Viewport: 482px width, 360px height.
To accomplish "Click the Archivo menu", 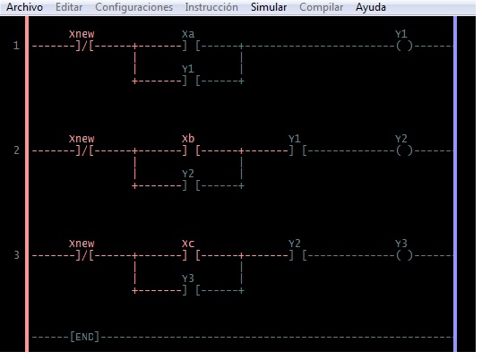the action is point(24,7).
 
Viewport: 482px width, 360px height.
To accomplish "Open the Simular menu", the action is point(269,7).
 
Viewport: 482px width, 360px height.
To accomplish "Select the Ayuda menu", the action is point(371,7).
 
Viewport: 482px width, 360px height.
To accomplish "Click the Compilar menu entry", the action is point(322,7).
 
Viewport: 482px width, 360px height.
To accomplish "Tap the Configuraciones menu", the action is point(134,7).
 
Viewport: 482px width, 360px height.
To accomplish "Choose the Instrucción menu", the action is point(211,7).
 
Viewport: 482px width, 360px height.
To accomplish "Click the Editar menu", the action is point(69,7).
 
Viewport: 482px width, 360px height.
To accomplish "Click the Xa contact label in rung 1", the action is point(188,34).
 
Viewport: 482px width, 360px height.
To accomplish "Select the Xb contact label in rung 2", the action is point(188,139).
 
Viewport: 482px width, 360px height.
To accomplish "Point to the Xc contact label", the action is point(188,244).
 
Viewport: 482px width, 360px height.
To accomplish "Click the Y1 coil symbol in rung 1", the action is point(404,46).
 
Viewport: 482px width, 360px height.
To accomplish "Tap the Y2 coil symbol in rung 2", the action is point(404,150).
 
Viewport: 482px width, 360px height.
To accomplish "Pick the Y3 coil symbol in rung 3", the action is point(404,255).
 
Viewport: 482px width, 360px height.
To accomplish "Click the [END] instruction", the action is point(84,337).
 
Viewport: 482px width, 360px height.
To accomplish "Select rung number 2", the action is point(16,150).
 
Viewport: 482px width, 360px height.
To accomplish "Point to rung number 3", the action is point(16,255).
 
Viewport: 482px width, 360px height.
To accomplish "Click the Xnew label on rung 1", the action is point(82,34).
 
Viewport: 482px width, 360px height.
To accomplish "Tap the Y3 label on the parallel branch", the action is point(188,279).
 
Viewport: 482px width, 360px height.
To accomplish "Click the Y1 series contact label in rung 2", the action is point(295,139).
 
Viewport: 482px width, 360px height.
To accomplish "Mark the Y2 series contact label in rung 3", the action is point(295,244).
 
